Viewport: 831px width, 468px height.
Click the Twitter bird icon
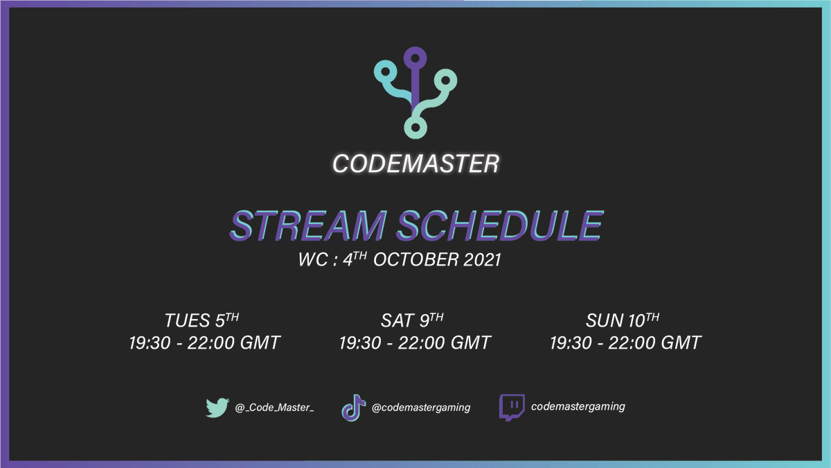tap(217, 408)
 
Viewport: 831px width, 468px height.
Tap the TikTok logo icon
tap(353, 408)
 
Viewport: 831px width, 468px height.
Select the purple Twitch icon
tap(512, 408)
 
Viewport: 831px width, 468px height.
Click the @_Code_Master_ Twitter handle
tap(274, 408)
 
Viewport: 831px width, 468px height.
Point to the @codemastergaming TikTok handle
tap(421, 408)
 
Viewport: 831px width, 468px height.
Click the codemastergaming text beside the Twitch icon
tap(578, 407)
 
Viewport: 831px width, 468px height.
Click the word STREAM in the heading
tap(308, 226)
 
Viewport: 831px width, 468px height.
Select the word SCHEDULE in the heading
tap(500, 225)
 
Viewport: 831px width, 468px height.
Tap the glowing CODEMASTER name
tap(416, 164)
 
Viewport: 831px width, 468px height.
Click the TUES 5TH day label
tap(202, 320)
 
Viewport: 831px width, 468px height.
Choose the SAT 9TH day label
tap(412, 320)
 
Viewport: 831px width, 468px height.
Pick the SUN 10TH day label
tap(623, 320)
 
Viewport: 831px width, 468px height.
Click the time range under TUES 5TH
tap(204, 343)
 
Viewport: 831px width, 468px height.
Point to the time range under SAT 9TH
tap(415, 343)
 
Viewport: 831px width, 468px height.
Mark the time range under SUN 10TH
tap(625, 343)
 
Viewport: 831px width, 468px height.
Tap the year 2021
tap(482, 259)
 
